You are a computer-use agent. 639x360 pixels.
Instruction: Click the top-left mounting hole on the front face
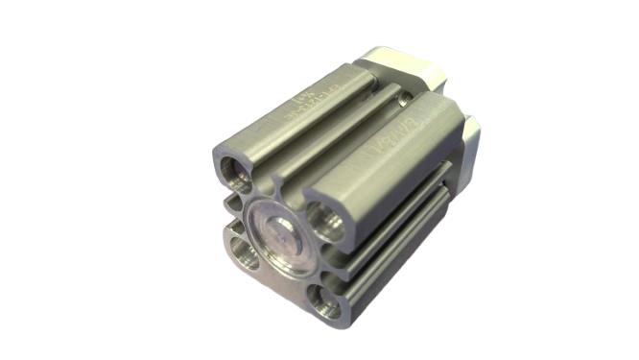[235, 174]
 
